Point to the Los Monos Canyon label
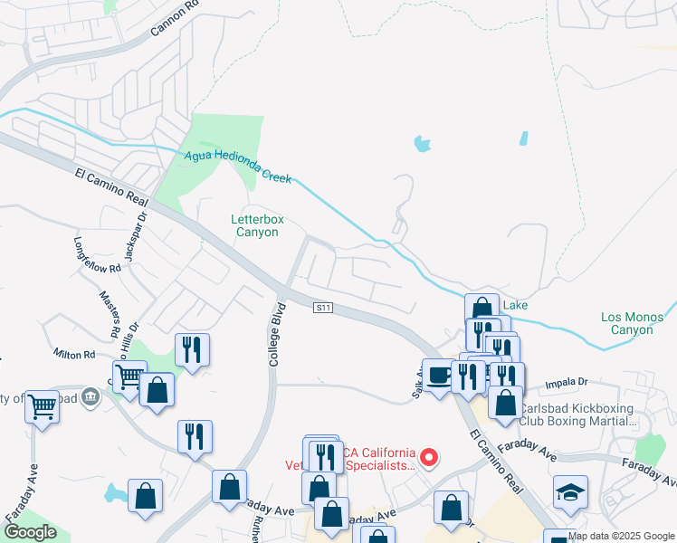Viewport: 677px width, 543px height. click(632, 323)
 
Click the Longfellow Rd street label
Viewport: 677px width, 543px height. click(97, 256)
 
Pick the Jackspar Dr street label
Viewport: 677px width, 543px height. click(137, 234)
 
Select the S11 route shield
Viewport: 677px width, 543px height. click(324, 309)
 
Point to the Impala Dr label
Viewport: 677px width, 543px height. click(566, 384)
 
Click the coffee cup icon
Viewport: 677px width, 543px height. click(439, 374)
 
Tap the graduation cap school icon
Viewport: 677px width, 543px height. click(570, 491)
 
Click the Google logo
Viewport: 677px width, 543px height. click(29, 532)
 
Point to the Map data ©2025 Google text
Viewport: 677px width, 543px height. click(621, 536)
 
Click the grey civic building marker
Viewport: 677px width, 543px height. click(91, 396)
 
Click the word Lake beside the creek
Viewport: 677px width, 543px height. click(515, 306)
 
